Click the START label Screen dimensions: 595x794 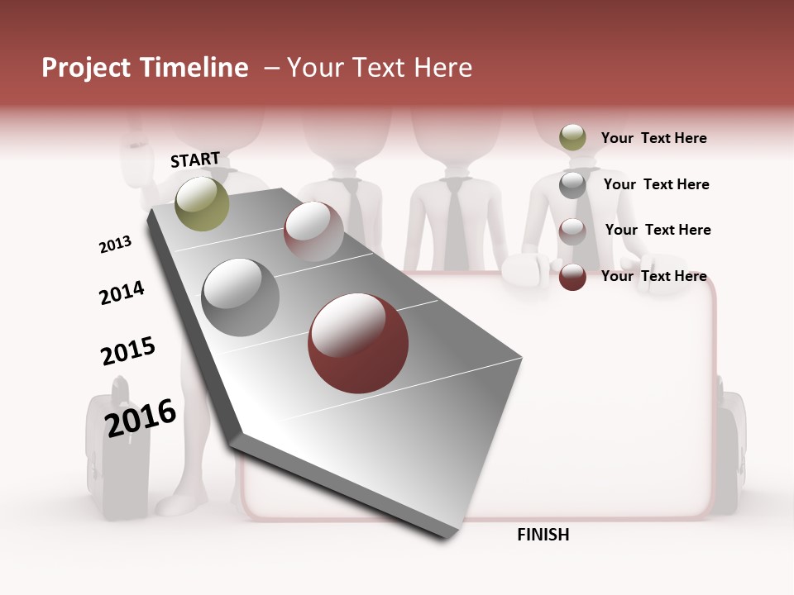click(195, 159)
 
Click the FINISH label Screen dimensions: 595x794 click(543, 535)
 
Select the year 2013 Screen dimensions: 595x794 click(116, 244)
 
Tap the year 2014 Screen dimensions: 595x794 click(122, 293)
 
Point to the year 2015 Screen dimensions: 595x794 click(128, 350)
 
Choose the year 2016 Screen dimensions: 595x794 click(141, 416)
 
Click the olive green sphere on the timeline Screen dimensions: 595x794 click(202, 203)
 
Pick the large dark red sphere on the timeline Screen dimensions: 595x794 click(358, 343)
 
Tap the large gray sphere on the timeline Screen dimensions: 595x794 click(241, 297)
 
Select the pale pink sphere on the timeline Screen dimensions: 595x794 click(313, 231)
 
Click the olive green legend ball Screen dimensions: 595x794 click(572, 138)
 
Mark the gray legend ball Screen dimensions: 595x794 click(572, 185)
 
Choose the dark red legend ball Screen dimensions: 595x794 click(572, 277)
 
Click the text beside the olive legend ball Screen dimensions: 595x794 click(653, 138)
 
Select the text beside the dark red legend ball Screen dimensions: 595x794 click(653, 276)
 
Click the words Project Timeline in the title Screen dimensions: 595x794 click(145, 68)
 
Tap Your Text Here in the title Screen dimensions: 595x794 click(379, 68)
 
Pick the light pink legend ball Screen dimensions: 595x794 click(572, 231)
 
